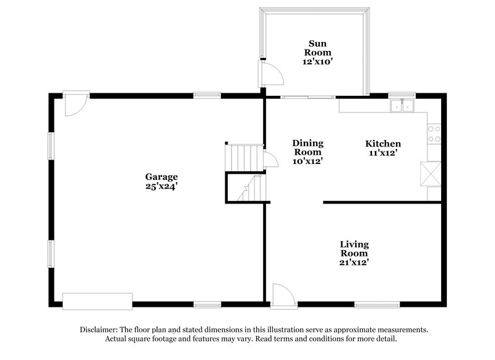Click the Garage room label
click(161, 176)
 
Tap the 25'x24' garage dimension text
click(161, 186)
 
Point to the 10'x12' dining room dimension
click(308, 161)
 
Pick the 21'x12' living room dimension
click(355, 262)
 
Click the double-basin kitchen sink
click(403, 106)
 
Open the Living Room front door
click(280, 294)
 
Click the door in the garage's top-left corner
click(75, 103)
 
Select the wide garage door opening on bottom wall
click(97, 301)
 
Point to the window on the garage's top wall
click(207, 95)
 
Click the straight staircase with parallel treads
click(243, 155)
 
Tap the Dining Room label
click(308, 147)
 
